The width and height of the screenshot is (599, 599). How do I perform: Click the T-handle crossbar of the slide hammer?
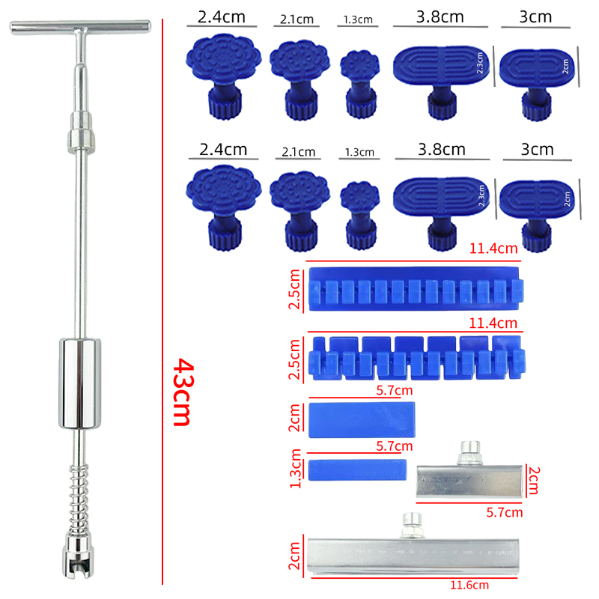pyautogui.click(x=80, y=27)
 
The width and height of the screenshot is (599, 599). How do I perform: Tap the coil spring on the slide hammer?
pyautogui.click(x=79, y=499)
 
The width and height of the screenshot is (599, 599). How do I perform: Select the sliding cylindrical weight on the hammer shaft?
pyautogui.click(x=80, y=383)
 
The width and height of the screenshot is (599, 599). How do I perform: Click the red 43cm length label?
pyautogui.click(x=182, y=392)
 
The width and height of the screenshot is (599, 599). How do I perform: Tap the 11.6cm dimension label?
pyautogui.click(x=469, y=586)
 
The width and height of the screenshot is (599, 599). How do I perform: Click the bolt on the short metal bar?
pyautogui.click(x=470, y=453)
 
